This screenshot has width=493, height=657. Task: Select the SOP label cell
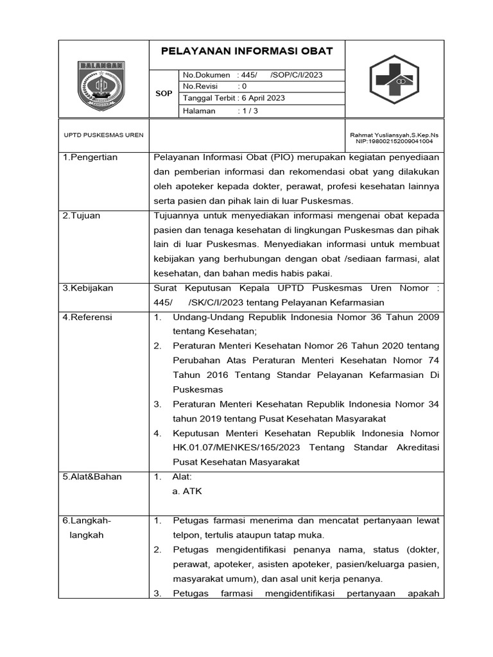164,94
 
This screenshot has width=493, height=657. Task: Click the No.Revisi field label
200,87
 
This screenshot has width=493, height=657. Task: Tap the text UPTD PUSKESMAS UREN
103,135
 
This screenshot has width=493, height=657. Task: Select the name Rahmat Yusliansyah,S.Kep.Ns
394,135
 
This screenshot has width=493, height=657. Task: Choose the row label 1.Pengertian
90,158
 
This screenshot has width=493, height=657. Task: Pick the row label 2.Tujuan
82,216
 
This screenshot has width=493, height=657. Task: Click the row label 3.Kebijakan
88,289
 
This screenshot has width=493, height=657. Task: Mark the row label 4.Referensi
87,317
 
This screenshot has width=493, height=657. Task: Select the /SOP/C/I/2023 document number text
297,75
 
